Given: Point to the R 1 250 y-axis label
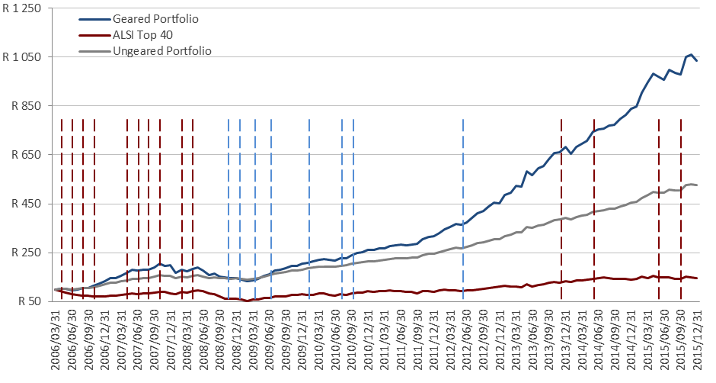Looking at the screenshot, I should click(x=24, y=8).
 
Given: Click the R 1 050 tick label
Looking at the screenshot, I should click(x=24, y=57).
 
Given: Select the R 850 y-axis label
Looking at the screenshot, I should click(x=27, y=106).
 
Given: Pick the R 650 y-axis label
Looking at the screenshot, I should click(x=27, y=155).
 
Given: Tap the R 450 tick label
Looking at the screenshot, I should click(x=27, y=204).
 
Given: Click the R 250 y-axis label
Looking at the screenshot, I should click(x=27, y=253).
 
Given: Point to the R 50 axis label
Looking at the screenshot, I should click(x=30, y=301).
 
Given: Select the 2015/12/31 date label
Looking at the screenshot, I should click(x=696, y=340).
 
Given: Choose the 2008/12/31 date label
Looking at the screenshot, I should click(x=239, y=340).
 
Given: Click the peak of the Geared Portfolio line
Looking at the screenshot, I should click(x=691, y=55).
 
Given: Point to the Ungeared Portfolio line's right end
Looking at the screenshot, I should click(x=697, y=185).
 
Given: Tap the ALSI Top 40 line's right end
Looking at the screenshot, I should click(x=697, y=278).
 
